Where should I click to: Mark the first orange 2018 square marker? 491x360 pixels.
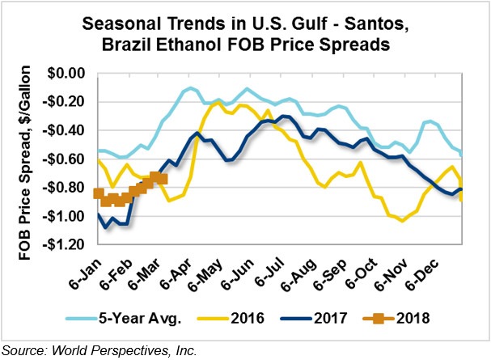[99, 193]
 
